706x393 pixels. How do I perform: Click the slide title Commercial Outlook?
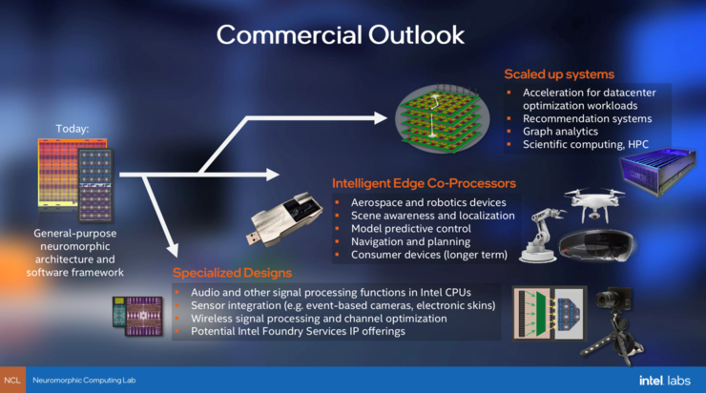click(341, 35)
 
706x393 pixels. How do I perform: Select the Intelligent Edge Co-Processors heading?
click(424, 182)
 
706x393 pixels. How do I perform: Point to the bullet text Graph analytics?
click(559, 131)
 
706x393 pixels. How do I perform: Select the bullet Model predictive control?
click(411, 229)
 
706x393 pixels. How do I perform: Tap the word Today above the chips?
click(72, 127)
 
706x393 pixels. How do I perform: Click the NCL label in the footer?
click(13, 379)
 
